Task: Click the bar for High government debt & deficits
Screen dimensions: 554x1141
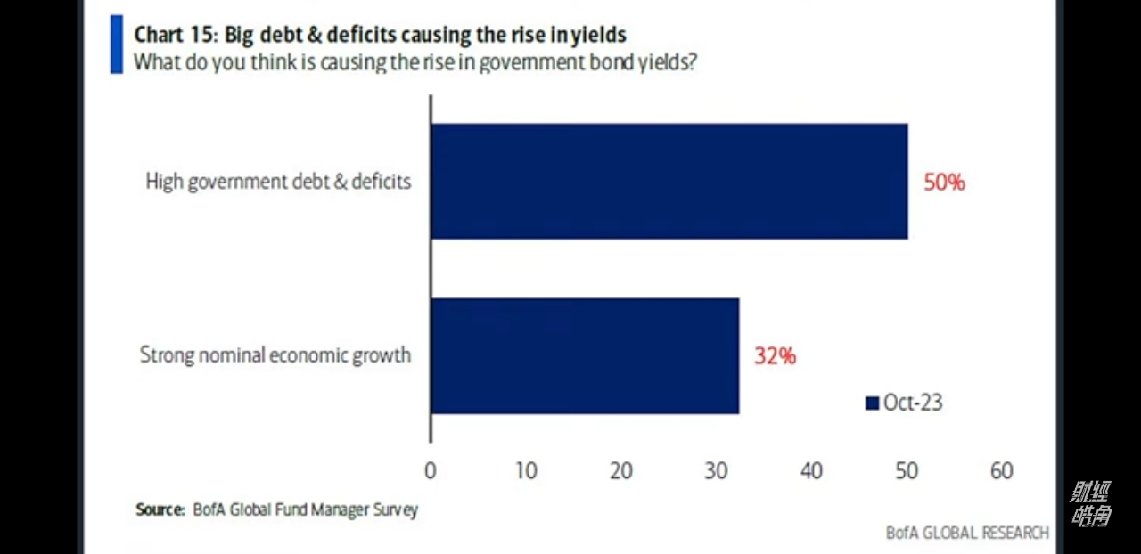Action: point(669,182)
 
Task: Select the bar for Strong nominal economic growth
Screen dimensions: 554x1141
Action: point(585,355)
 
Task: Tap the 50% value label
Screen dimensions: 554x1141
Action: point(944,183)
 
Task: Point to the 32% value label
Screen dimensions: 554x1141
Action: point(775,356)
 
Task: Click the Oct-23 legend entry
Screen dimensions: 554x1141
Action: point(904,403)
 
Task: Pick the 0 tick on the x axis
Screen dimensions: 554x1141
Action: point(431,471)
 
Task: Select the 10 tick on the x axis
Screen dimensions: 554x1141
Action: point(526,471)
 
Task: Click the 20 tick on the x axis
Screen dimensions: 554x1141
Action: point(621,471)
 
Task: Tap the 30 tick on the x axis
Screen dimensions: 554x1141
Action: point(717,471)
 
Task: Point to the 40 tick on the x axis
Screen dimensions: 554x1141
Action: point(811,471)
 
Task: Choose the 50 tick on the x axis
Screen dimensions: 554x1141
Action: point(907,471)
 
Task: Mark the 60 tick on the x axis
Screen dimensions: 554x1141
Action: point(1002,471)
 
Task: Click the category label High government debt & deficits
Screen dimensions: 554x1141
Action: point(278,182)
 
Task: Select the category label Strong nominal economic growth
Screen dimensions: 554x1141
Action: point(275,355)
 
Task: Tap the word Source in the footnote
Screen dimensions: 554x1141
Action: point(159,510)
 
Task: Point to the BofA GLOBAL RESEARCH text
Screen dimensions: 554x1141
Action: point(967,533)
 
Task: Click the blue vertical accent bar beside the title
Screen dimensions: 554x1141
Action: point(116,44)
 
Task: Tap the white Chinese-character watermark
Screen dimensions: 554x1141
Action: point(1090,504)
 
